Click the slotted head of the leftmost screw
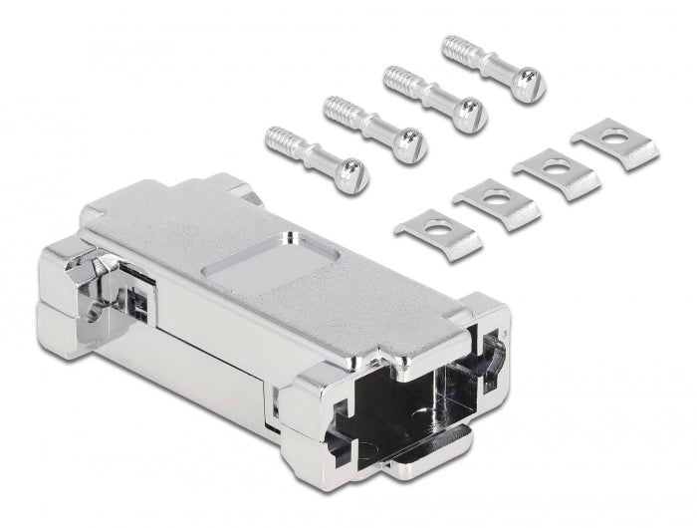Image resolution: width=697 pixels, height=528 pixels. [x=351, y=177]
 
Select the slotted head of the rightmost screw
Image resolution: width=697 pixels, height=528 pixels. [x=527, y=84]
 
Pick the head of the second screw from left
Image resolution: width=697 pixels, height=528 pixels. [x=409, y=146]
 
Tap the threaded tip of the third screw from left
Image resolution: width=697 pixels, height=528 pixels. [x=395, y=77]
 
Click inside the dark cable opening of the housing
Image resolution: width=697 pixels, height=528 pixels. [x=398, y=398]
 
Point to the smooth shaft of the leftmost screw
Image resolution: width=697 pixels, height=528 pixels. [x=316, y=156]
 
